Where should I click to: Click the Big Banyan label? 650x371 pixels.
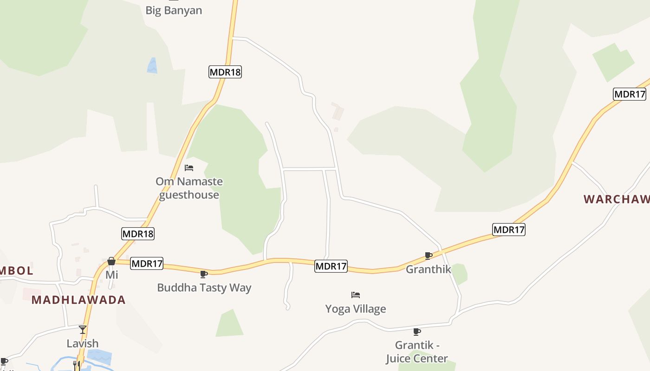[x=174, y=10]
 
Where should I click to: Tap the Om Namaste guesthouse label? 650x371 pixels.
[x=189, y=188]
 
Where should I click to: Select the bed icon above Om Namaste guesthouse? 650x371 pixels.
[x=189, y=168]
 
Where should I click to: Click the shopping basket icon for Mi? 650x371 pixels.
[x=111, y=262]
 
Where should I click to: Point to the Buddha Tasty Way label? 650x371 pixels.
[x=204, y=288]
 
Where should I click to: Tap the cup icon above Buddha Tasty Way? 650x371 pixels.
[x=203, y=274]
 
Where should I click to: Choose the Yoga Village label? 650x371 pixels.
[x=356, y=309]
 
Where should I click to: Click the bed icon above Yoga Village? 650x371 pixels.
[x=356, y=295]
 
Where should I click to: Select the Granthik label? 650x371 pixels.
[x=429, y=269]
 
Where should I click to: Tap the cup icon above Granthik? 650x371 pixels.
[x=429, y=256]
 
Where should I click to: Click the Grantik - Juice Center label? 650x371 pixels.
[x=417, y=352]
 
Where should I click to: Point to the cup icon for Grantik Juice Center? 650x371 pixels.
[x=417, y=332]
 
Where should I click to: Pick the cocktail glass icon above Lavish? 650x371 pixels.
[x=83, y=329]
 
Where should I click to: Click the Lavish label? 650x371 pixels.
[x=83, y=343]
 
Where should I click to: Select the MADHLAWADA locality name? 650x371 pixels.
[x=78, y=300]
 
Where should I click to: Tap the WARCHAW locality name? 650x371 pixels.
[x=617, y=199]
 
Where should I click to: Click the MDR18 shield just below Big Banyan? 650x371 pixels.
[x=225, y=72]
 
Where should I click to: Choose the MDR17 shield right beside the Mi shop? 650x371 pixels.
[x=147, y=264]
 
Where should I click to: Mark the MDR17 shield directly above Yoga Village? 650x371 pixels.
[x=331, y=266]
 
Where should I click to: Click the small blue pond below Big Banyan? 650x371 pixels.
[x=152, y=66]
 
